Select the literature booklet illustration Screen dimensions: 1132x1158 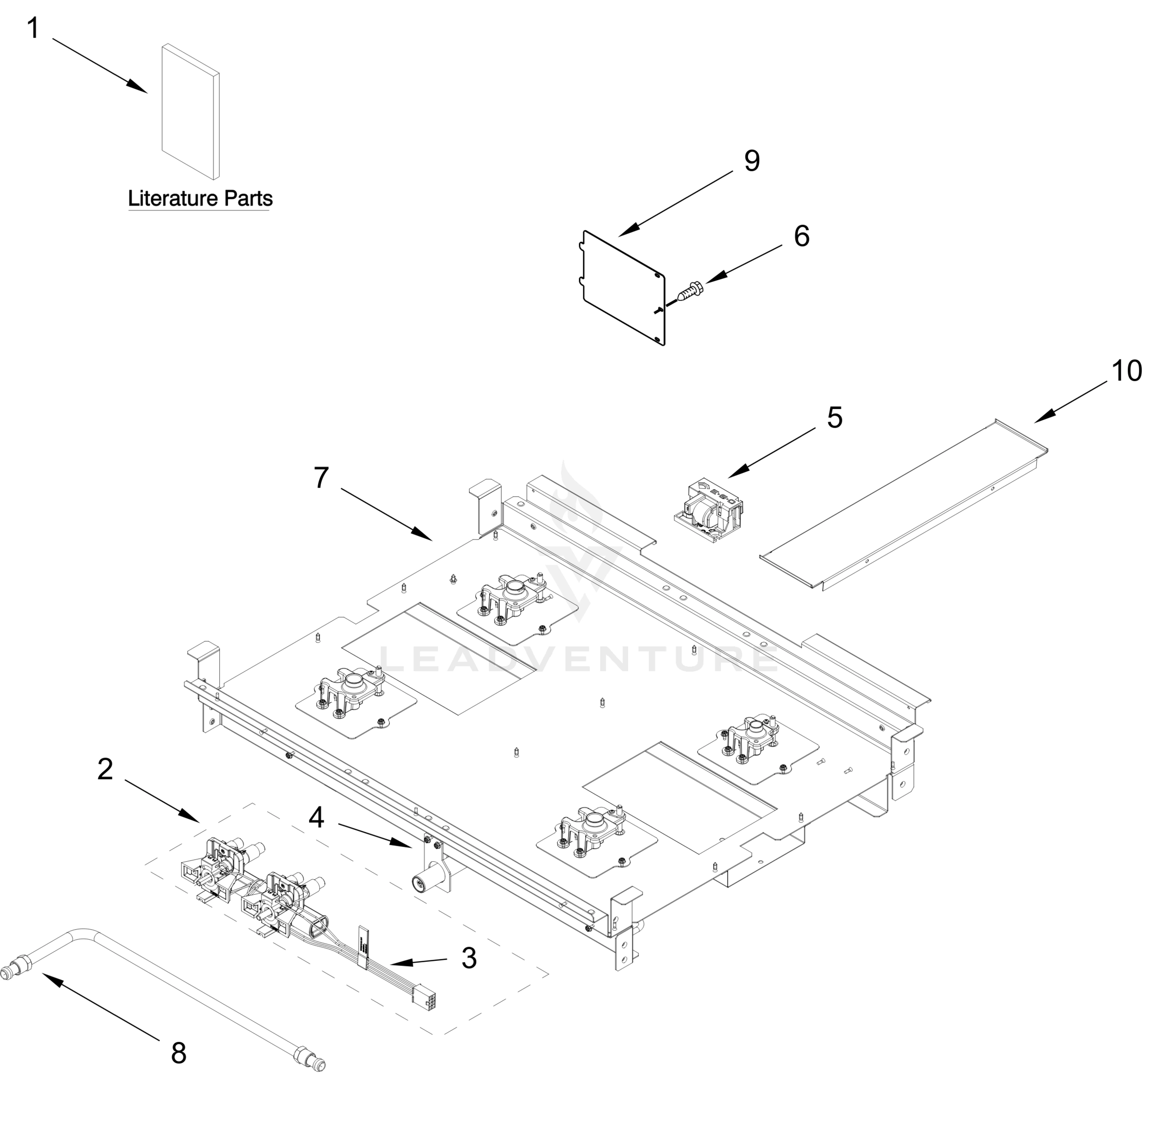coord(190,112)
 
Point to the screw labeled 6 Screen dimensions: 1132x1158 coord(690,292)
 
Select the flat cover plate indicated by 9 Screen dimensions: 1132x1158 coord(621,287)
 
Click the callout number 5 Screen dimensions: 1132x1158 coord(834,417)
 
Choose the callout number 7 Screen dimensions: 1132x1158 coord(321,477)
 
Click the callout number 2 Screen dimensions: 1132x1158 coord(105,769)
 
